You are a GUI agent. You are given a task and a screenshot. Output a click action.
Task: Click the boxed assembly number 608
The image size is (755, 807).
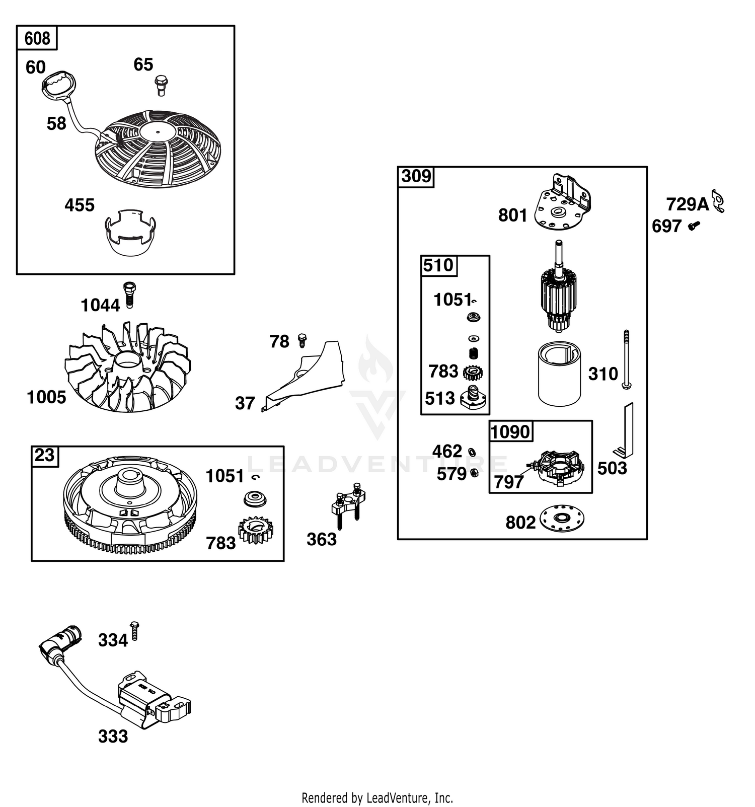click(37, 38)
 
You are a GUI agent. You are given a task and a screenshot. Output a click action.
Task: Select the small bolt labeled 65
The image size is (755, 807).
click(161, 85)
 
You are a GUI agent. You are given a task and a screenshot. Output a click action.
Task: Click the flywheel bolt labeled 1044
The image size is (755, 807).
click(129, 295)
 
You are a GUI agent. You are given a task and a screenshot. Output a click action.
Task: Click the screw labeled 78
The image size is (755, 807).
click(303, 340)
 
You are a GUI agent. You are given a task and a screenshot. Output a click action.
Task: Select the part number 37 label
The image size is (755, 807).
click(245, 403)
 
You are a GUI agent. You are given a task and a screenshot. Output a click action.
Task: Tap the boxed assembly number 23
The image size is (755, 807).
click(44, 455)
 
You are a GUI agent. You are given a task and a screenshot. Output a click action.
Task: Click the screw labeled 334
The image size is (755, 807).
click(134, 631)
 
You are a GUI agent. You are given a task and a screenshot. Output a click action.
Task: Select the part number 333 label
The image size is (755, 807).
click(113, 737)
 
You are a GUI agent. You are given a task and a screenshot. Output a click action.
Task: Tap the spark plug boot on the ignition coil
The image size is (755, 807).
click(60, 641)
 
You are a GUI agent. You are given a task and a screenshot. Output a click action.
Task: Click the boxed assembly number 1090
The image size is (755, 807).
click(510, 432)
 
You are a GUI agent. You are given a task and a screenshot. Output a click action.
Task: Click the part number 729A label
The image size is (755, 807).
click(688, 204)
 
